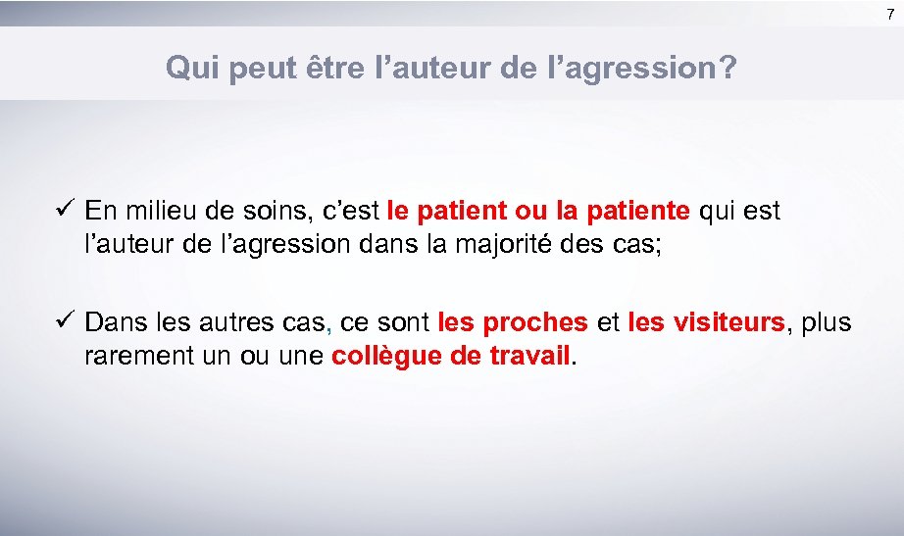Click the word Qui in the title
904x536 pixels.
click(x=188, y=68)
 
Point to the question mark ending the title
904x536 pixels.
click(x=728, y=68)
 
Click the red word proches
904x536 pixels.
click(x=535, y=322)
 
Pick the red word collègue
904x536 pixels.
click(x=386, y=356)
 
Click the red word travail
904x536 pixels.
click(x=527, y=356)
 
